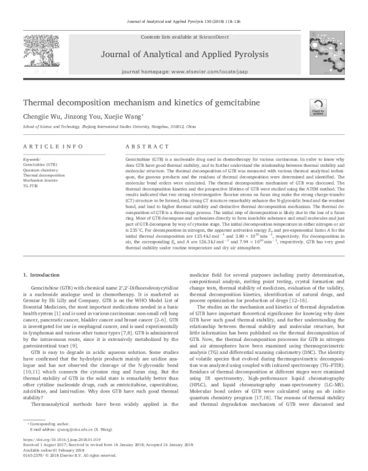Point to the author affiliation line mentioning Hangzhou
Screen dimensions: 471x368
(109, 125)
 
